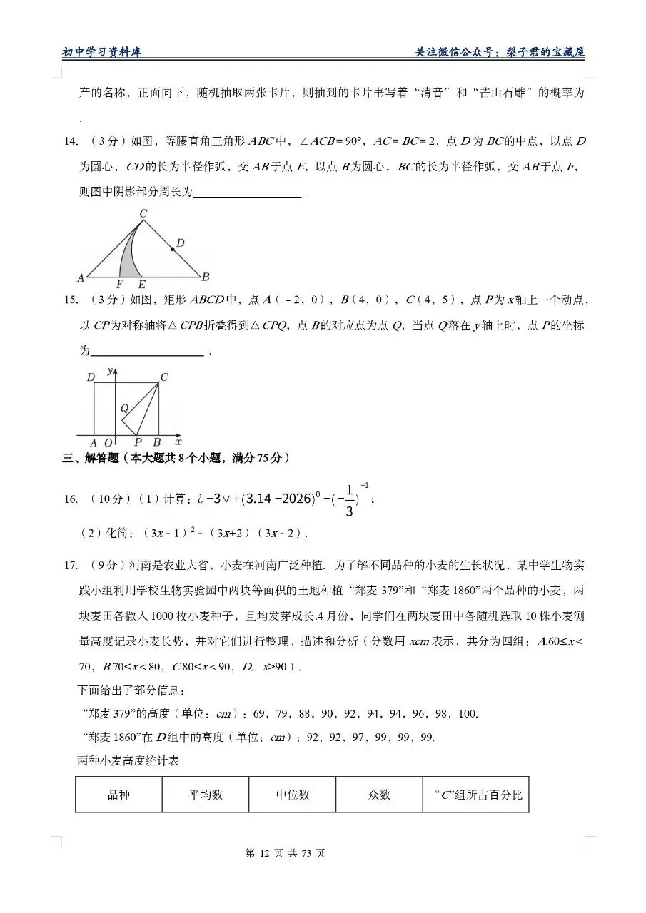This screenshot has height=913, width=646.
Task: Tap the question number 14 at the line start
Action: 70,141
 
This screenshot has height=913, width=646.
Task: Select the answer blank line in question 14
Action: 247,193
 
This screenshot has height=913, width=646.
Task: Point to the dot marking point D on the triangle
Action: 172,249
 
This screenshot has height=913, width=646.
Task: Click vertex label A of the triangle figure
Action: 81,277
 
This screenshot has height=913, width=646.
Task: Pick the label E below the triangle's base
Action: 141,285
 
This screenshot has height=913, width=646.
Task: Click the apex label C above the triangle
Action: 143,213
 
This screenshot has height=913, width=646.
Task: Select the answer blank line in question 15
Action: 148,352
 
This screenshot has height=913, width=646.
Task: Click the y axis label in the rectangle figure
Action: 109,370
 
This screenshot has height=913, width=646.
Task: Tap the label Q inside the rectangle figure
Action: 124,408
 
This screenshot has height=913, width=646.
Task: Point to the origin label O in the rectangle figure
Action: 108,443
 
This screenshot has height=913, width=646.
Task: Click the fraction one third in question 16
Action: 349,500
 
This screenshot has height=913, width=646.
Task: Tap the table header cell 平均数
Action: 206,795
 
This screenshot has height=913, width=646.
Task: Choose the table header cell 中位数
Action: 293,795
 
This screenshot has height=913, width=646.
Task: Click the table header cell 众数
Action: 379,795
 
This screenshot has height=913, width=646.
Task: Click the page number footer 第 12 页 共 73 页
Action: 285,853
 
